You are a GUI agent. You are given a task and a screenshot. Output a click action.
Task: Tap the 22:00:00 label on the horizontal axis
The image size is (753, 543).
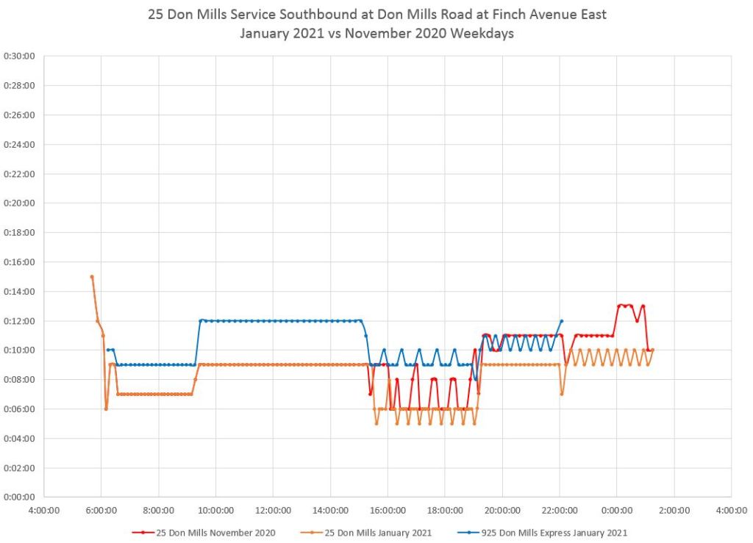[x=560, y=509]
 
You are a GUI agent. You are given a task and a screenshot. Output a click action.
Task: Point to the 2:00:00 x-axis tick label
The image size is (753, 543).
[x=674, y=509]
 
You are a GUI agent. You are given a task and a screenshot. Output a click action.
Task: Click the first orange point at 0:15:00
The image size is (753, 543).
[x=92, y=277]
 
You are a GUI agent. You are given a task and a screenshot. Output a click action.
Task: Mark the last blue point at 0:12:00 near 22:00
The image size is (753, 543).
[x=562, y=321]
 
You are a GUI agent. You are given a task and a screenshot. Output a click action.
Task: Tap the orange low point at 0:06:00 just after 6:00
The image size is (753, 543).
[x=106, y=409]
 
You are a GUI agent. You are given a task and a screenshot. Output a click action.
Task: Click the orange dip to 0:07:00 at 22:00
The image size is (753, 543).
[x=561, y=394]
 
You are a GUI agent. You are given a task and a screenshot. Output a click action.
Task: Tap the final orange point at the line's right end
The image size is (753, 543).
[x=652, y=350]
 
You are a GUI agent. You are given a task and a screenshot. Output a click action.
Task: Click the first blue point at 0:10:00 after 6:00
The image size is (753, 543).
[x=107, y=350]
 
